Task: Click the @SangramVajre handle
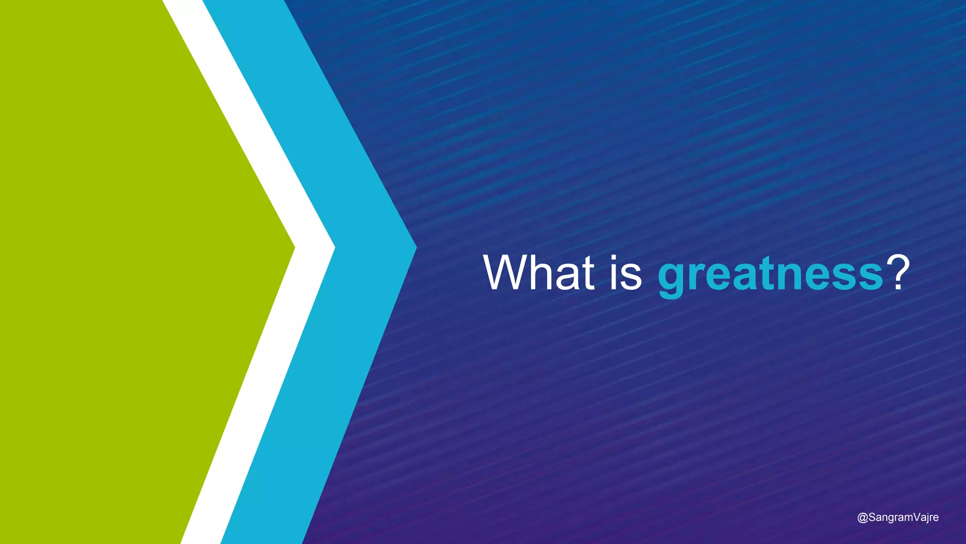pos(898,518)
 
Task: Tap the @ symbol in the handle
pos(862,518)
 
